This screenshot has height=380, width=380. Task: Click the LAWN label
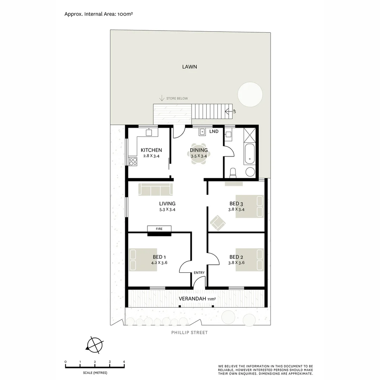click(189, 66)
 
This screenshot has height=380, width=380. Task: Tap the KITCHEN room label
click(151, 150)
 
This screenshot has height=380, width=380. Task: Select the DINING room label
click(199, 150)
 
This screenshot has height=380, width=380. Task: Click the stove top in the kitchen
click(133, 161)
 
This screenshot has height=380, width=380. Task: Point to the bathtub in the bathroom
click(249, 154)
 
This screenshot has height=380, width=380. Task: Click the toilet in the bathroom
click(233, 173)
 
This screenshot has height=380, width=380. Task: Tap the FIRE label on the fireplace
click(159, 229)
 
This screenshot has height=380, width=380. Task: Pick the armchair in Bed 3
click(218, 222)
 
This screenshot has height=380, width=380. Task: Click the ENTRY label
click(199, 273)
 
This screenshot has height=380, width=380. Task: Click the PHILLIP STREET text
click(189, 332)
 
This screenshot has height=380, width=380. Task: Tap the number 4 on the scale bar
click(124, 362)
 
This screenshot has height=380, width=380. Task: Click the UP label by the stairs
click(234, 111)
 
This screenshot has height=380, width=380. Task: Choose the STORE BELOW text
click(177, 99)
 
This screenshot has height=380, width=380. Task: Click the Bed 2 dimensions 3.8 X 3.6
click(236, 262)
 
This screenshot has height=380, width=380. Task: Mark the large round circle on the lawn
click(250, 94)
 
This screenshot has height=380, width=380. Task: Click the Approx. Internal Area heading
click(98, 14)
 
